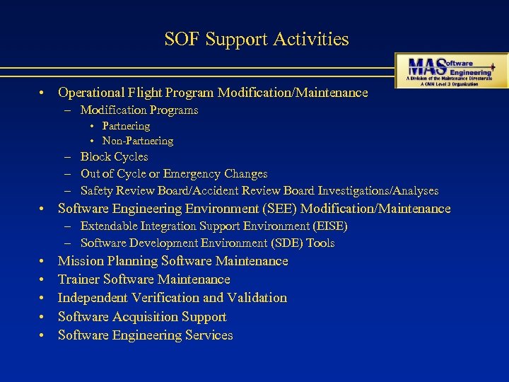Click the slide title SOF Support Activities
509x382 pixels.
257,39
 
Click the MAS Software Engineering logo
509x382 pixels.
450,69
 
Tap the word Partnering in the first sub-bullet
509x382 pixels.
126,126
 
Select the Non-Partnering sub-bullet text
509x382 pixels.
137,141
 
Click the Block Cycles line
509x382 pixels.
114,156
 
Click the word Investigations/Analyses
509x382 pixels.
378,190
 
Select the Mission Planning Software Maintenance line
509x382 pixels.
172,261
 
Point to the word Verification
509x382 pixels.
165,298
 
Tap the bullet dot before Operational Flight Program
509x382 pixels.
43,93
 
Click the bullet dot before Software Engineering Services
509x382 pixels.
43,335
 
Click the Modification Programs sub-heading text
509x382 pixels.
139,110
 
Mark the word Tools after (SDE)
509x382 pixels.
320,243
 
